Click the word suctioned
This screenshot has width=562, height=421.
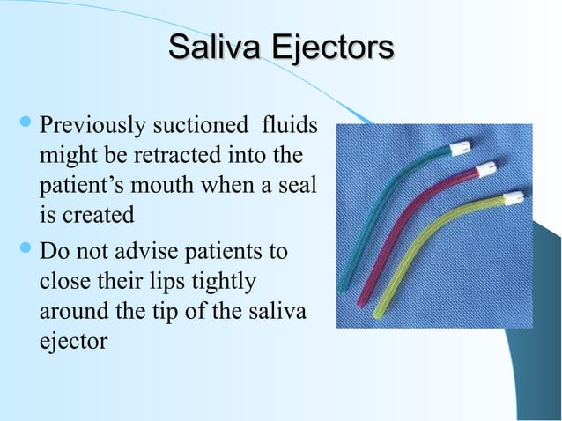(x=196, y=129)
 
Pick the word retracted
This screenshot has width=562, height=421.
(x=177, y=159)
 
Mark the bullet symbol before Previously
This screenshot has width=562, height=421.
(x=21, y=129)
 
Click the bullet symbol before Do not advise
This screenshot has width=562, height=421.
(x=21, y=251)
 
